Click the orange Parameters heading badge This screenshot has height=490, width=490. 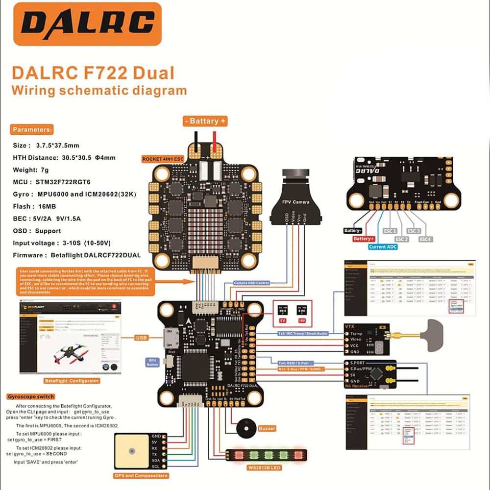point(31,130)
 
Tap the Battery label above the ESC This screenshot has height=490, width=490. point(205,121)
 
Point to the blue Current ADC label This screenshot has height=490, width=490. point(383,247)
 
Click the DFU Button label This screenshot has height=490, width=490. point(152,362)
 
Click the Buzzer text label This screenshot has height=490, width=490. point(267,428)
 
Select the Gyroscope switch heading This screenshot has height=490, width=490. point(31,396)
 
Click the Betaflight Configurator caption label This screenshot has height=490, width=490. point(72,380)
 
